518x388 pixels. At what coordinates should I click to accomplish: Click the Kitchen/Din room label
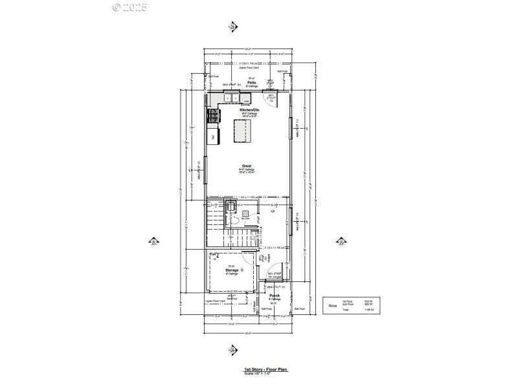tap(249, 110)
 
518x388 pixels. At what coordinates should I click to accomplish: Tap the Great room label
tap(247, 166)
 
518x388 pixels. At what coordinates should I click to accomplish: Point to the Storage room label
tap(232, 270)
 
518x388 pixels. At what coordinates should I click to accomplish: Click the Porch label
tap(275, 296)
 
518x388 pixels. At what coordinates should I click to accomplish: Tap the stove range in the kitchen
tap(212, 116)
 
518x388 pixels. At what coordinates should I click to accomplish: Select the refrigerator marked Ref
tap(212, 136)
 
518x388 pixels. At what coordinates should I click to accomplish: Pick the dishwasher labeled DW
tap(246, 100)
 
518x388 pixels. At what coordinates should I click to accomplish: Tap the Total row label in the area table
tap(346, 310)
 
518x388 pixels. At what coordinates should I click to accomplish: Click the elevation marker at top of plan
tap(233, 27)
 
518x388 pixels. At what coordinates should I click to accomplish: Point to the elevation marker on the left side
tap(154, 242)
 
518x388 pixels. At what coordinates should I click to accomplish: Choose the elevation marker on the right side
tap(340, 242)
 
